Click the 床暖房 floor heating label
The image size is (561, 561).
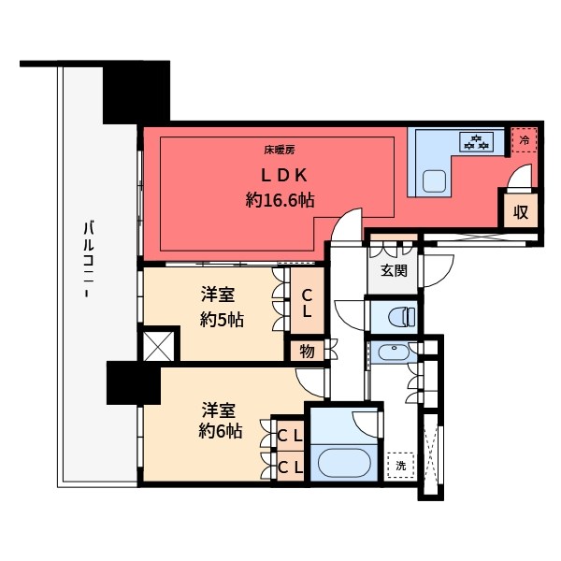[x=279, y=149]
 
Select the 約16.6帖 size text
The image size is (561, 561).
[x=279, y=199]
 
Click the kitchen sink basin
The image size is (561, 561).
[x=434, y=181]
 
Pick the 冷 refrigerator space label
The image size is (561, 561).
[x=525, y=140]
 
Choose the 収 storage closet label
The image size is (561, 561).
[x=521, y=211]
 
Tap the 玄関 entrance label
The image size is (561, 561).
[x=393, y=271]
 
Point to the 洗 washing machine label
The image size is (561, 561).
[x=401, y=465]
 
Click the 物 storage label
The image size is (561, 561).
[x=306, y=352]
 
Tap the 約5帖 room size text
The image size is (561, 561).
[x=223, y=319]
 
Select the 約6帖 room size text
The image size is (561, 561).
[x=223, y=431]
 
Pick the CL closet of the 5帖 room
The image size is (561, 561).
[x=307, y=303]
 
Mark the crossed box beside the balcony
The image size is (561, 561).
[x=158, y=345]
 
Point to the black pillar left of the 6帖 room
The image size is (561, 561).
[x=133, y=384]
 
